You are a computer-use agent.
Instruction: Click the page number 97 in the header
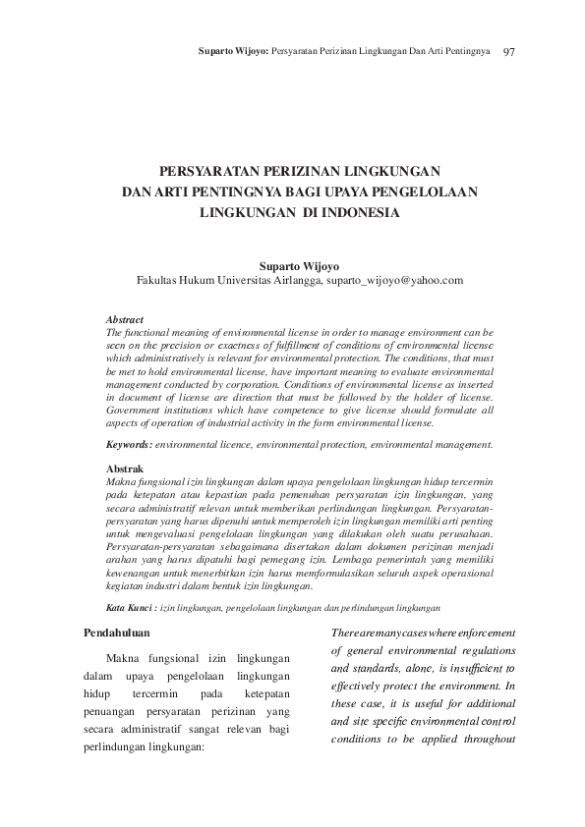(x=509, y=50)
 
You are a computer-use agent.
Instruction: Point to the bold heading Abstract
(x=124, y=320)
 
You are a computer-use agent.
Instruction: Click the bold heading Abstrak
(x=124, y=469)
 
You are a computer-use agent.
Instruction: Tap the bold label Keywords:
(x=129, y=445)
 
